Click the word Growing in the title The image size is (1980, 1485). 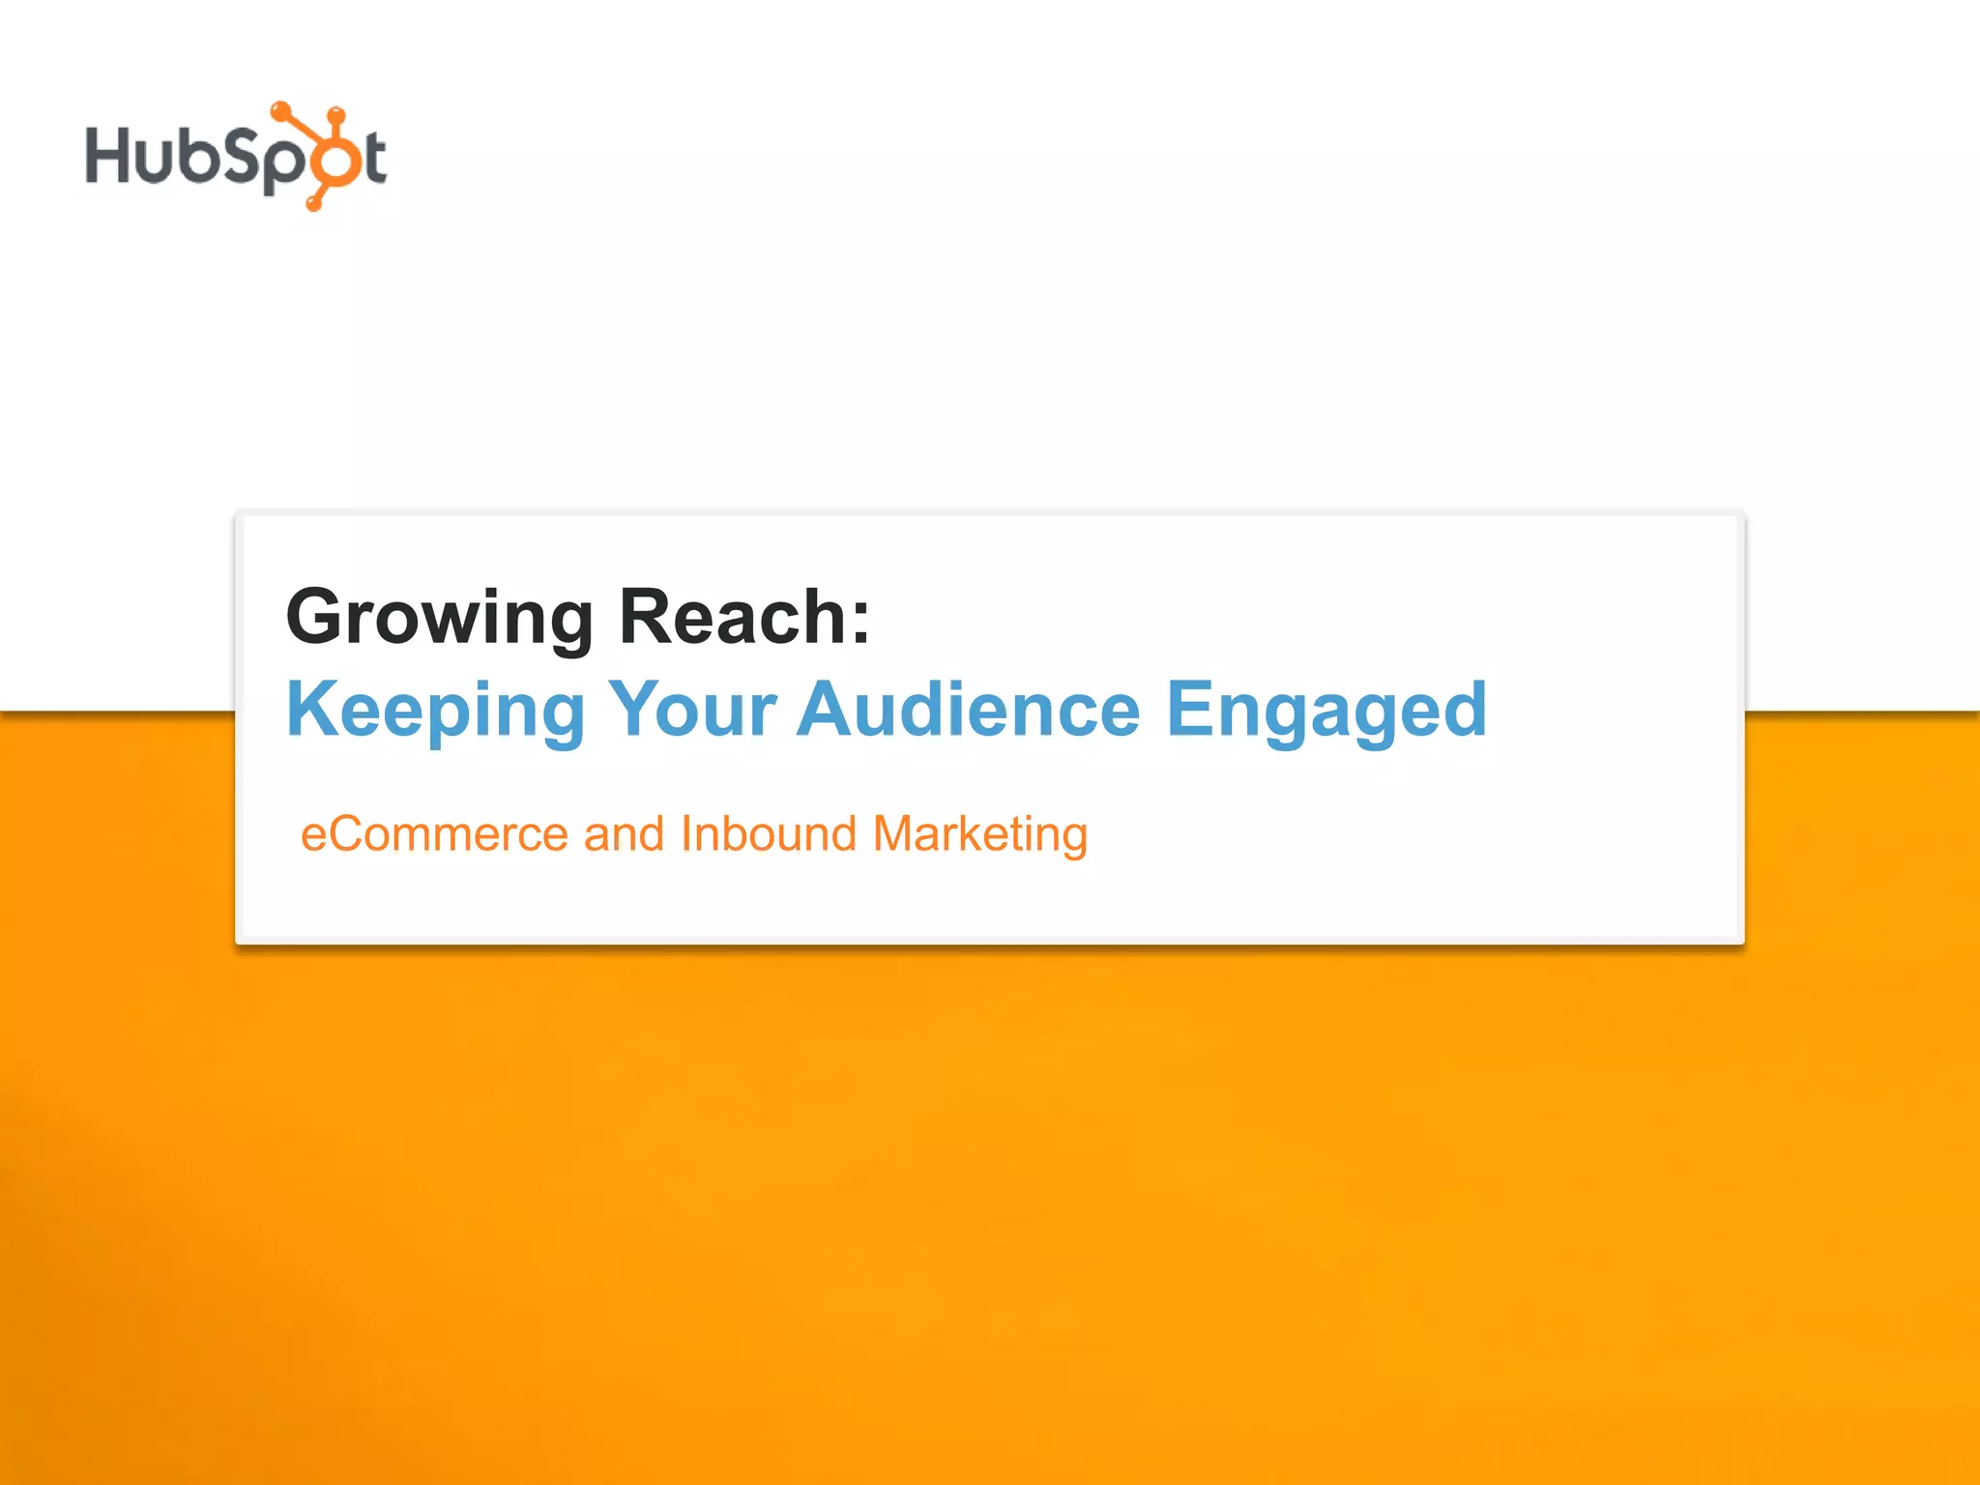(x=439, y=619)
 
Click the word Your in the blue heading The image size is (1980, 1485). (x=692, y=710)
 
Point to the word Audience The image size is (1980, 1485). (x=968, y=710)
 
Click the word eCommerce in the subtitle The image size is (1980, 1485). (x=434, y=834)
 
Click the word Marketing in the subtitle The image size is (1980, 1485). (x=979, y=835)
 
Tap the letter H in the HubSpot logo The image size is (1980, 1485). (x=108, y=155)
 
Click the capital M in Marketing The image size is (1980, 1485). (x=893, y=833)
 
